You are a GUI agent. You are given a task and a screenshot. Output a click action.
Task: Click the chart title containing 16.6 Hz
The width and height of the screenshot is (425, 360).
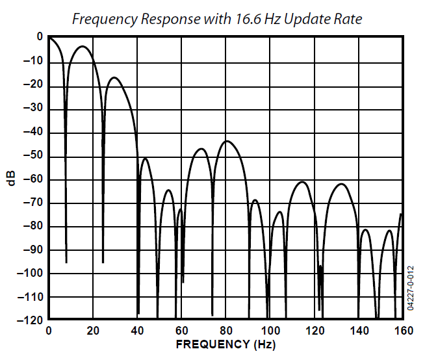point(216,19)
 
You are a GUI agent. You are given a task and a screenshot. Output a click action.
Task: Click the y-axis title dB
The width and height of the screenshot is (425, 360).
point(10,179)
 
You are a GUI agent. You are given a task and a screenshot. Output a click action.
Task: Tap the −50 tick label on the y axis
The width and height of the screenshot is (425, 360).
point(33,156)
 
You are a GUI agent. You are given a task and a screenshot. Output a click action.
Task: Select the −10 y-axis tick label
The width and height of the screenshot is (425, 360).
point(33,62)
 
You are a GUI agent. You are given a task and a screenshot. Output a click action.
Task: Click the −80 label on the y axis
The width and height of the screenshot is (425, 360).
point(33,227)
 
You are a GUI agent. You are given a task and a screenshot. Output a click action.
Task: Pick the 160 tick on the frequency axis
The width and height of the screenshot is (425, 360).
point(403,331)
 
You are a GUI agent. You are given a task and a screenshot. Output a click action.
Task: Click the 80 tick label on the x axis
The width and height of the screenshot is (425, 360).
point(226,331)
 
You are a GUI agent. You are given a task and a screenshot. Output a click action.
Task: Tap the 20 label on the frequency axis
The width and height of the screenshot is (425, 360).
point(93,331)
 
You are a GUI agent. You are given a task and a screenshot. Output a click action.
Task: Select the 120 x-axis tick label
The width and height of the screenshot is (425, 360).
point(315,331)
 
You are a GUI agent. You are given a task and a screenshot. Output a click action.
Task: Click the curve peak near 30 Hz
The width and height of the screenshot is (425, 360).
point(114,77)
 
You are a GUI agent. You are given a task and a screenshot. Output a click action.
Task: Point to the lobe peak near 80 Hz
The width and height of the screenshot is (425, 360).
point(227,141)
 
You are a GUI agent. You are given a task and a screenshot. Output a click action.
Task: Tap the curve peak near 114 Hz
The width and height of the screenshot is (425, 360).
point(302,182)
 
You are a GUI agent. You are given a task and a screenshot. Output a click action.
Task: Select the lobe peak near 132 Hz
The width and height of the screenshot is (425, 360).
point(342,184)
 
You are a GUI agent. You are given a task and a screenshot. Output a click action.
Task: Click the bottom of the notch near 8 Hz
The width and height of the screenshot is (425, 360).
point(66,262)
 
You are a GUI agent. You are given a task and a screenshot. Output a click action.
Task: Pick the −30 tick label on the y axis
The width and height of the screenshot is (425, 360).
point(33,109)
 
